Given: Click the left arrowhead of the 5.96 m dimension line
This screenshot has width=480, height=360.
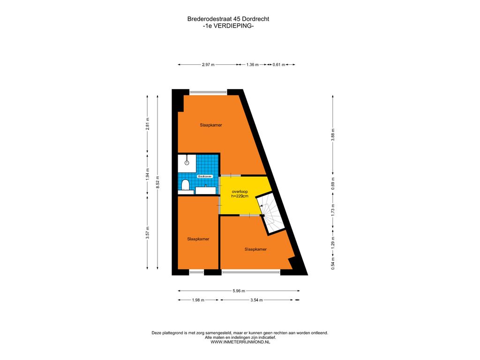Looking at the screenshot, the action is point(179,291).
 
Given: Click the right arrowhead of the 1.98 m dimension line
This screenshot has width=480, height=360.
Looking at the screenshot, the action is point(217,300).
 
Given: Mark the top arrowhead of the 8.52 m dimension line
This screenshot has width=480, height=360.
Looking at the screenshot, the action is point(157,97).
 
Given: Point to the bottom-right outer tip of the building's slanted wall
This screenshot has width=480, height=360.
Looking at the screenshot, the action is point(307,275).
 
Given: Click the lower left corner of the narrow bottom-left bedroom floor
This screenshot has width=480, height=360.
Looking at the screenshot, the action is point(178,269).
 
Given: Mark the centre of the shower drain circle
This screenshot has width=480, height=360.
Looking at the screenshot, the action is point(187,163).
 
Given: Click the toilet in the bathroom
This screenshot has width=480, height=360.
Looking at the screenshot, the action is point(185,185).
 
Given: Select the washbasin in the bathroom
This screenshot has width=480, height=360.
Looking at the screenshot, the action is point(206,190).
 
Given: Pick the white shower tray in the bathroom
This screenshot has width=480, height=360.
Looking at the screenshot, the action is point(187,163).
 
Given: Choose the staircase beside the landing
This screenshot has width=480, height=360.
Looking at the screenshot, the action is point(270,213).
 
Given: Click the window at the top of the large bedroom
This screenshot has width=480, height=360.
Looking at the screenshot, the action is point(209,92).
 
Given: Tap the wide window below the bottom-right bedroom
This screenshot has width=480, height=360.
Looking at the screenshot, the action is point(251,271).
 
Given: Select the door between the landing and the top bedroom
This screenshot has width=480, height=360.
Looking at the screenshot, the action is point(231,175).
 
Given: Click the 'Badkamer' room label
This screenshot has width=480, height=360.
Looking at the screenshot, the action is point(205,177).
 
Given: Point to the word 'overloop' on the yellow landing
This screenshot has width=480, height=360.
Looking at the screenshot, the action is point(240,192).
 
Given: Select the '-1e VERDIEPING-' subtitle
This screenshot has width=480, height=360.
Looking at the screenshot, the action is point(228,26).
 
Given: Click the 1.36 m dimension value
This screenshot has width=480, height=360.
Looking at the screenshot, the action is point(253,65).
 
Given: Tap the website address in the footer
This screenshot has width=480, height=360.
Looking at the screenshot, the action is point(240,342).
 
